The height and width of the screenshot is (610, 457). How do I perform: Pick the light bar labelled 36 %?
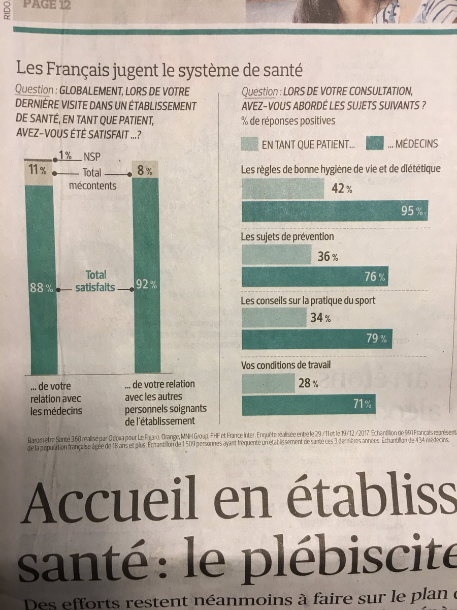pyautogui.click(x=277, y=254)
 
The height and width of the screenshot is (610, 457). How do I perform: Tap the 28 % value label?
pyautogui.click(x=308, y=384)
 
